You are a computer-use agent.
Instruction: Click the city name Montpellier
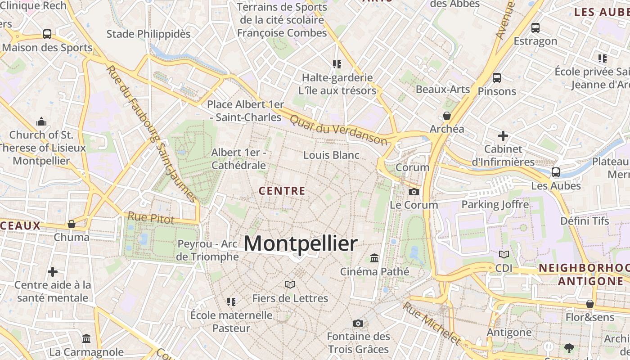pyautogui.click(x=301, y=243)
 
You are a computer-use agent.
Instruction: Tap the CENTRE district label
pyautogui.click(x=282, y=191)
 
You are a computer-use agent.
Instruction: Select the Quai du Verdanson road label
pyautogui.click(x=338, y=130)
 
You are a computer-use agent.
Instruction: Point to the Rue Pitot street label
pyautogui.click(x=151, y=218)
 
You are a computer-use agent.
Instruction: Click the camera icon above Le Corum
pyautogui.click(x=414, y=192)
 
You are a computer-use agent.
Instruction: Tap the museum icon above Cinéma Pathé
pyautogui.click(x=374, y=258)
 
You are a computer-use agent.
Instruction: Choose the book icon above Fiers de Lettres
pyautogui.click(x=290, y=284)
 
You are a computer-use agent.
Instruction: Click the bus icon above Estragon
pyautogui.click(x=535, y=28)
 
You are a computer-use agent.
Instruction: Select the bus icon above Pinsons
pyautogui.click(x=497, y=78)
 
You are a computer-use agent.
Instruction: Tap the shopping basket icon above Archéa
pyautogui.click(x=447, y=116)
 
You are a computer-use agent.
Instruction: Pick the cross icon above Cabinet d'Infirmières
pyautogui.click(x=503, y=135)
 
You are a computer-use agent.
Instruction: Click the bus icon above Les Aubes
pyautogui.click(x=556, y=172)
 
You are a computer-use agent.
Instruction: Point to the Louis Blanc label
pyautogui.click(x=331, y=155)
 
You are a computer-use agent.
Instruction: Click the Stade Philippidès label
pyautogui.click(x=148, y=34)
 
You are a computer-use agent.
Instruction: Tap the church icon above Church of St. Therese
pyautogui.click(x=41, y=121)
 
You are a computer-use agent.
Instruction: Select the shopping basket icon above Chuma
pyautogui.click(x=71, y=224)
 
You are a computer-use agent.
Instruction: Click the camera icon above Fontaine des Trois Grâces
pyautogui.click(x=358, y=323)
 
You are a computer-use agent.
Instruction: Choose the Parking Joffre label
pyautogui.click(x=495, y=205)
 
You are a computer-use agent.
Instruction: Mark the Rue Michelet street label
pyautogui.click(x=431, y=323)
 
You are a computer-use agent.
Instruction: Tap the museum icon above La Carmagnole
pyautogui.click(x=86, y=338)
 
